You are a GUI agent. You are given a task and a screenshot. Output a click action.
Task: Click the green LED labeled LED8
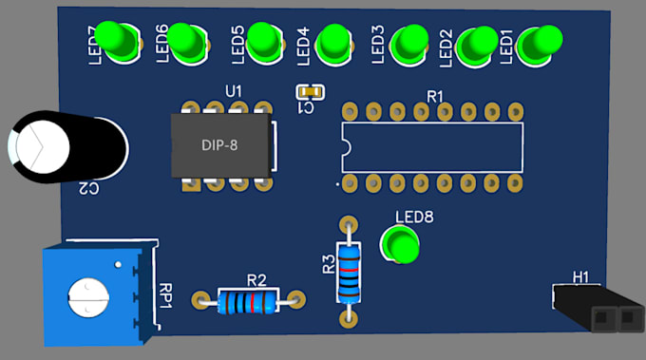[402, 245]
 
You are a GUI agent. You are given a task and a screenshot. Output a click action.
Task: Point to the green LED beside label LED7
[122, 41]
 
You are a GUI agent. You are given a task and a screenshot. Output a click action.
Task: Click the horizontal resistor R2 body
[248, 302]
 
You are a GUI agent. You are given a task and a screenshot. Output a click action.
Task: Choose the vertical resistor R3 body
[350, 272]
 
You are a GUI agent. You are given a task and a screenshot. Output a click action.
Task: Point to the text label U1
[234, 91]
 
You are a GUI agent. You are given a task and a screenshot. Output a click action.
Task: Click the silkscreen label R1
[435, 96]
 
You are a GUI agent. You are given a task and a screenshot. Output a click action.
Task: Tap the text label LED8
[414, 217]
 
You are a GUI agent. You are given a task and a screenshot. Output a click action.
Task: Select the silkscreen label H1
[580, 277]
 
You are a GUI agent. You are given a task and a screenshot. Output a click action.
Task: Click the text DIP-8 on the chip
[220, 145]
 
